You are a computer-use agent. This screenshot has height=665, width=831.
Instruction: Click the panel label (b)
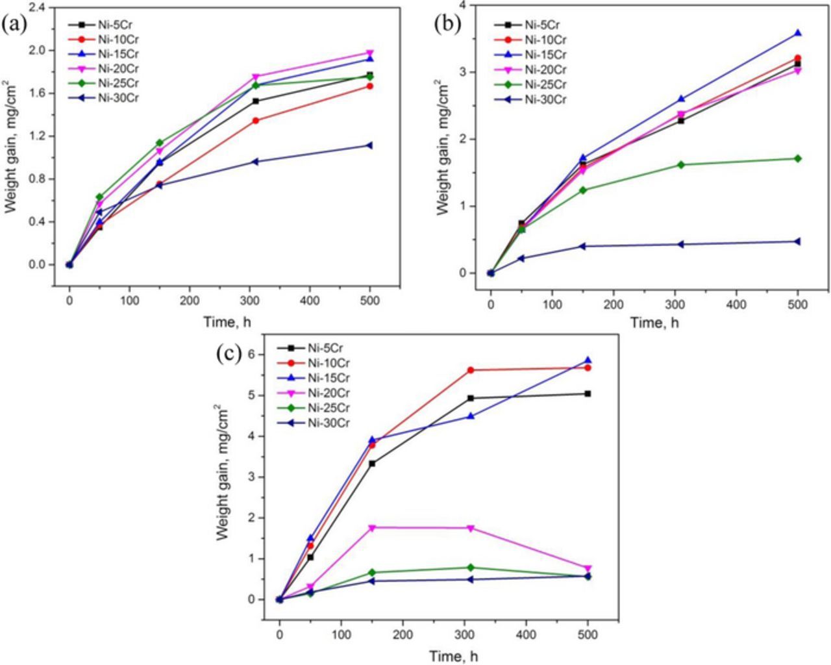447,23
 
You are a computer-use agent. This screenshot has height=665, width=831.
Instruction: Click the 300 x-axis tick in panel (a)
249,301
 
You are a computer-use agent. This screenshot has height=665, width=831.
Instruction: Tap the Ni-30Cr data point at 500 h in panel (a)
370,145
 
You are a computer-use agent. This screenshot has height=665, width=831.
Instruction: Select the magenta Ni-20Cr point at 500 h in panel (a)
370,53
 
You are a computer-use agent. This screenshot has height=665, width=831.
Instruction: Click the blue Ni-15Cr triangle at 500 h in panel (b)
798,32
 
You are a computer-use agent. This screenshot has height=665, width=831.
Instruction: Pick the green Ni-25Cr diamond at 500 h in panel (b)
798,158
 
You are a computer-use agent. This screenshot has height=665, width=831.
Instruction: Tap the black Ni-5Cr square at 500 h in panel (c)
588,394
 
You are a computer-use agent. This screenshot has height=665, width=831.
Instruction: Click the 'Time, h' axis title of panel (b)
654,323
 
